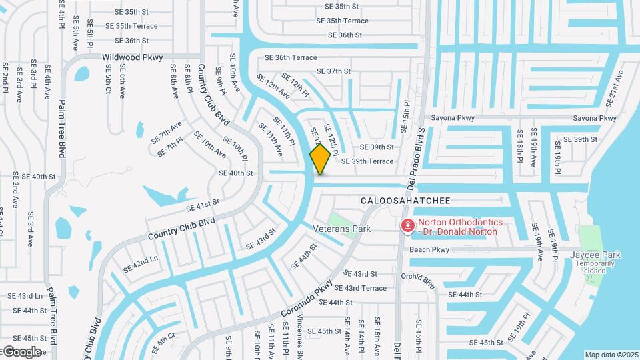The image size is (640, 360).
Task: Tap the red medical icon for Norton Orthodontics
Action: pos(407,227)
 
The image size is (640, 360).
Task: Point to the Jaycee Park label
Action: pos(595,255)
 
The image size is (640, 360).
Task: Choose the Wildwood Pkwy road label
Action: pos(132,58)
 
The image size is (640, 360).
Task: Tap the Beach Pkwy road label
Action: pos(429,249)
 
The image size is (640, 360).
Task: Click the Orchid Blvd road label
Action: pos(418,281)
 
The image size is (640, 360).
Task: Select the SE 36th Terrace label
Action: pos(291,58)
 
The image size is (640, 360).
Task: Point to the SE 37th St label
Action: pos(333,71)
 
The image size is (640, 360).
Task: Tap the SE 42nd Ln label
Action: pos(141,264)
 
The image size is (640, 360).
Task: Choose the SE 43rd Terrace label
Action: pos(360,288)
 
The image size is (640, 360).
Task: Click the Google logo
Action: pos(22,351)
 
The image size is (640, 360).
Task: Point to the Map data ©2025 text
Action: pos(611,355)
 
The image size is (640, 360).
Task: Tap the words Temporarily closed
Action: pos(595,267)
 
